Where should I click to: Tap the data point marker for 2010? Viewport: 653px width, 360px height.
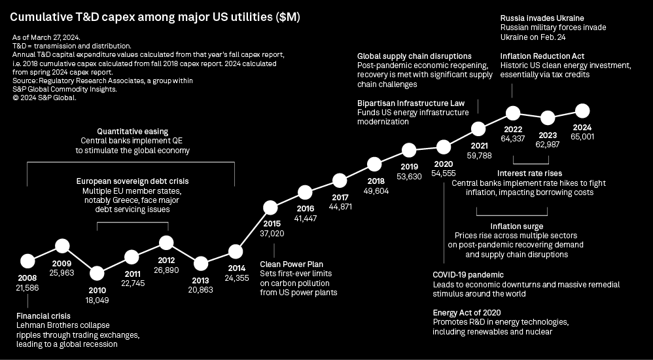[97, 273]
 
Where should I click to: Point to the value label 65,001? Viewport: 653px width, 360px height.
[582, 136]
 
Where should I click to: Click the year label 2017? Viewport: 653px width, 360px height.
[340, 197]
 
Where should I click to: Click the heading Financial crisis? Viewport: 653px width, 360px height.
[43, 316]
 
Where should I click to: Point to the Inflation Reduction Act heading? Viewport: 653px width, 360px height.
[542, 56]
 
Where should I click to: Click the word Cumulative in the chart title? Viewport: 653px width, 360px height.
[41, 18]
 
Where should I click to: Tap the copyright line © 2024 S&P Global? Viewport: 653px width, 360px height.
[44, 98]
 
